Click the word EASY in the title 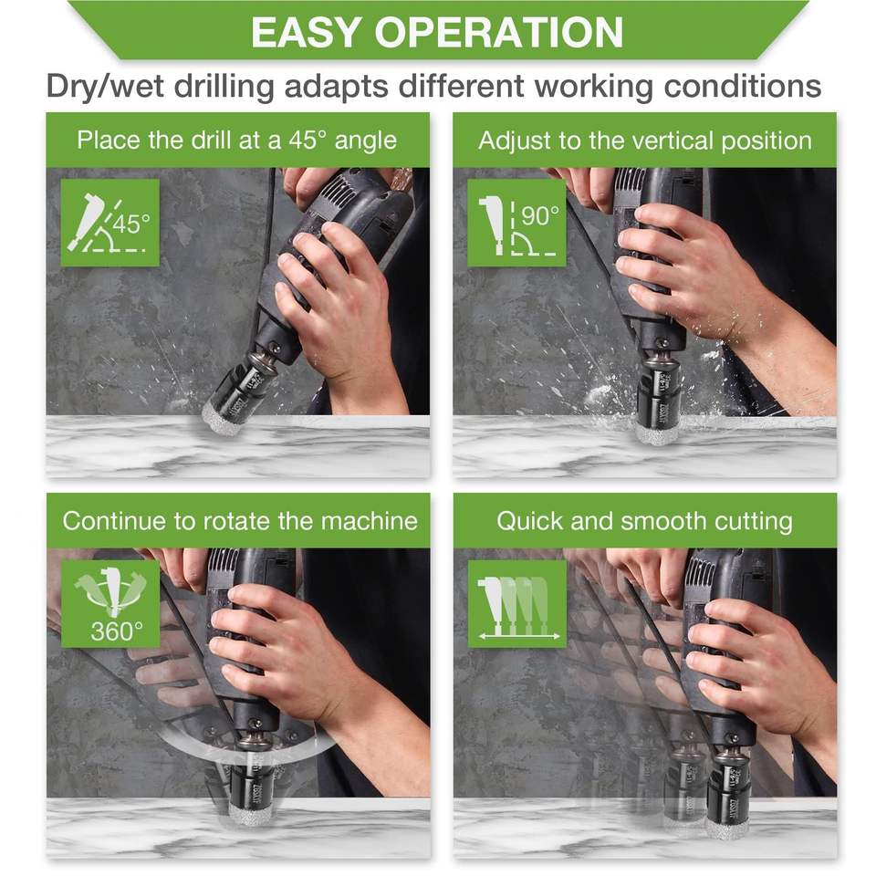305,33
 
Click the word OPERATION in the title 499,33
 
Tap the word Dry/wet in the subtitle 106,87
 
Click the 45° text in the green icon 131,224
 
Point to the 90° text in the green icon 539,216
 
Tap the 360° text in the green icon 117,631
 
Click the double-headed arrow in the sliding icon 519,636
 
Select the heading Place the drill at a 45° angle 237,141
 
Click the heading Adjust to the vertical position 645,141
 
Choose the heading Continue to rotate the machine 240,521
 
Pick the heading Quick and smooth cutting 645,522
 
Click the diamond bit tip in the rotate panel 248,813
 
